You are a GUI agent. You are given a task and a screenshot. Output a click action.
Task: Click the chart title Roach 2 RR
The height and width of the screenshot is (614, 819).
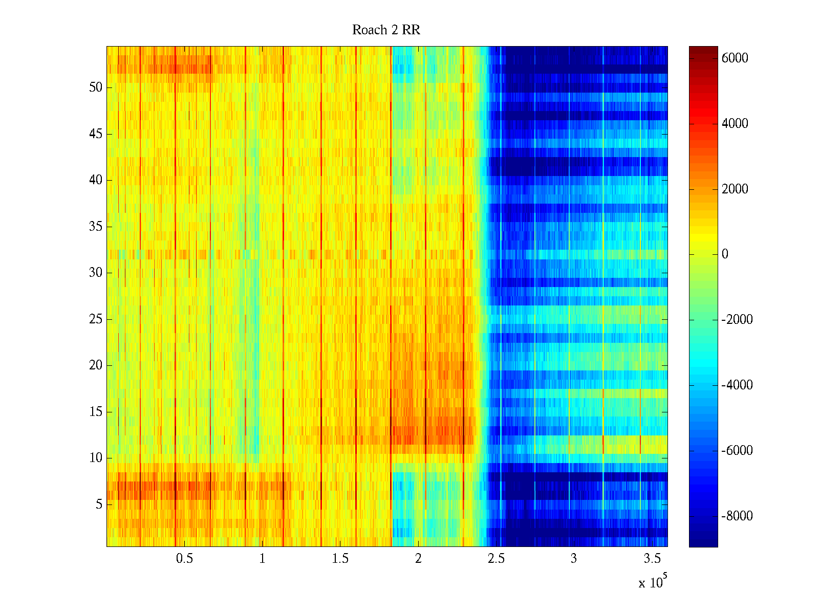pos(386,30)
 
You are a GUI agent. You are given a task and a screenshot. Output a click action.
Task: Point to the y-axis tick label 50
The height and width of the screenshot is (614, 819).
pos(96,87)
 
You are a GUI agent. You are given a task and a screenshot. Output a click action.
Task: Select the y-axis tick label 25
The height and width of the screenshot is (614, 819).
pos(96,319)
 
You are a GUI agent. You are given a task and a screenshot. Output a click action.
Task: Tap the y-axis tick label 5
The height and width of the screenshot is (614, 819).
pos(99,505)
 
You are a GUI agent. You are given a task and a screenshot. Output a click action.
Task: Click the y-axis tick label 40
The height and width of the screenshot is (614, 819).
pos(96,180)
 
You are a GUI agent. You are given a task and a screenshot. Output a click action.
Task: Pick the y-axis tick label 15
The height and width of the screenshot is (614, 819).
pos(96,412)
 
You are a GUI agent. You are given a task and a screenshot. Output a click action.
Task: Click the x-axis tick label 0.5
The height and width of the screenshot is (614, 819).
pos(184,559)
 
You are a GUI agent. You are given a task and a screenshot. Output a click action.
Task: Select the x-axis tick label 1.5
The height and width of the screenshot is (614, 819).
pos(340,559)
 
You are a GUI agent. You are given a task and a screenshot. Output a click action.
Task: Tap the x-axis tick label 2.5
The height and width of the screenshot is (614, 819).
pos(495,559)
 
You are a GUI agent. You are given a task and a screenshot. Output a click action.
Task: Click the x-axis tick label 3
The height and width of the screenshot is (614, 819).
pos(573,559)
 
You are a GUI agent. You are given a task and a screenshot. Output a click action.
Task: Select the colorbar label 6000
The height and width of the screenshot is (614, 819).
pos(735,58)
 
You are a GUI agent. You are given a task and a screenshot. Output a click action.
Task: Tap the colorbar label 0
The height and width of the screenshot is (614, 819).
pos(725,254)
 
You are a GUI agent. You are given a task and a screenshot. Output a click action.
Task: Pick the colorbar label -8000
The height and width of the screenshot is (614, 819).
pos(737,516)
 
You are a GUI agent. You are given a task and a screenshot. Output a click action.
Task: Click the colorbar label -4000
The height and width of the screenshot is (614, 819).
pos(737,385)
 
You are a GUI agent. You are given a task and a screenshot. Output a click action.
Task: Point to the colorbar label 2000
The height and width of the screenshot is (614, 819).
pos(735,189)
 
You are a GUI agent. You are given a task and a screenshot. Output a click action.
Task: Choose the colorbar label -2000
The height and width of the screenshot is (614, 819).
pos(737,320)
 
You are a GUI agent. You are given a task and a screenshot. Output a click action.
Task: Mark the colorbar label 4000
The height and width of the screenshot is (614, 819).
pos(735,124)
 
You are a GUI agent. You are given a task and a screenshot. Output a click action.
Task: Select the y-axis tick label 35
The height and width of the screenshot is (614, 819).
pos(96,227)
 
